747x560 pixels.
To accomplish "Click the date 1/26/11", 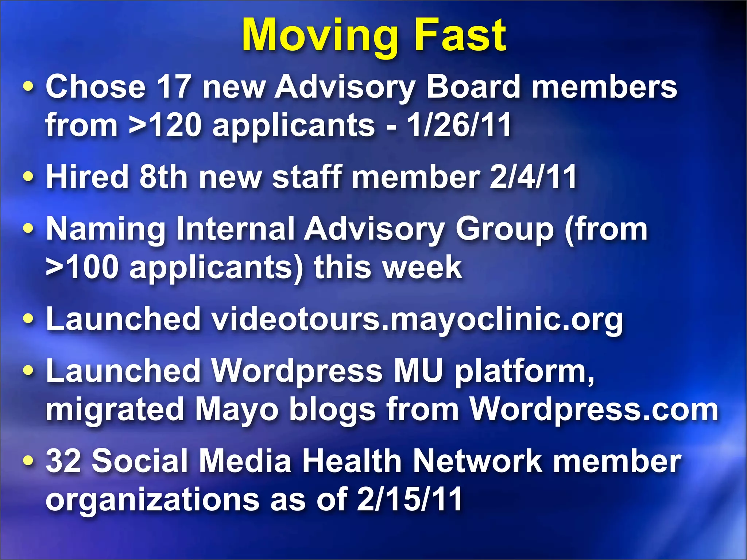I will click(x=459, y=125).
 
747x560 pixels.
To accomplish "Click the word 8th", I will click(x=164, y=177).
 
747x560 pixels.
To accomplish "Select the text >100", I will click(x=82, y=267).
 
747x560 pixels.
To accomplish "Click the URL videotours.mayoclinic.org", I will click(x=417, y=319).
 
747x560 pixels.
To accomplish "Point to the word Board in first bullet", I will click(x=473, y=87).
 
